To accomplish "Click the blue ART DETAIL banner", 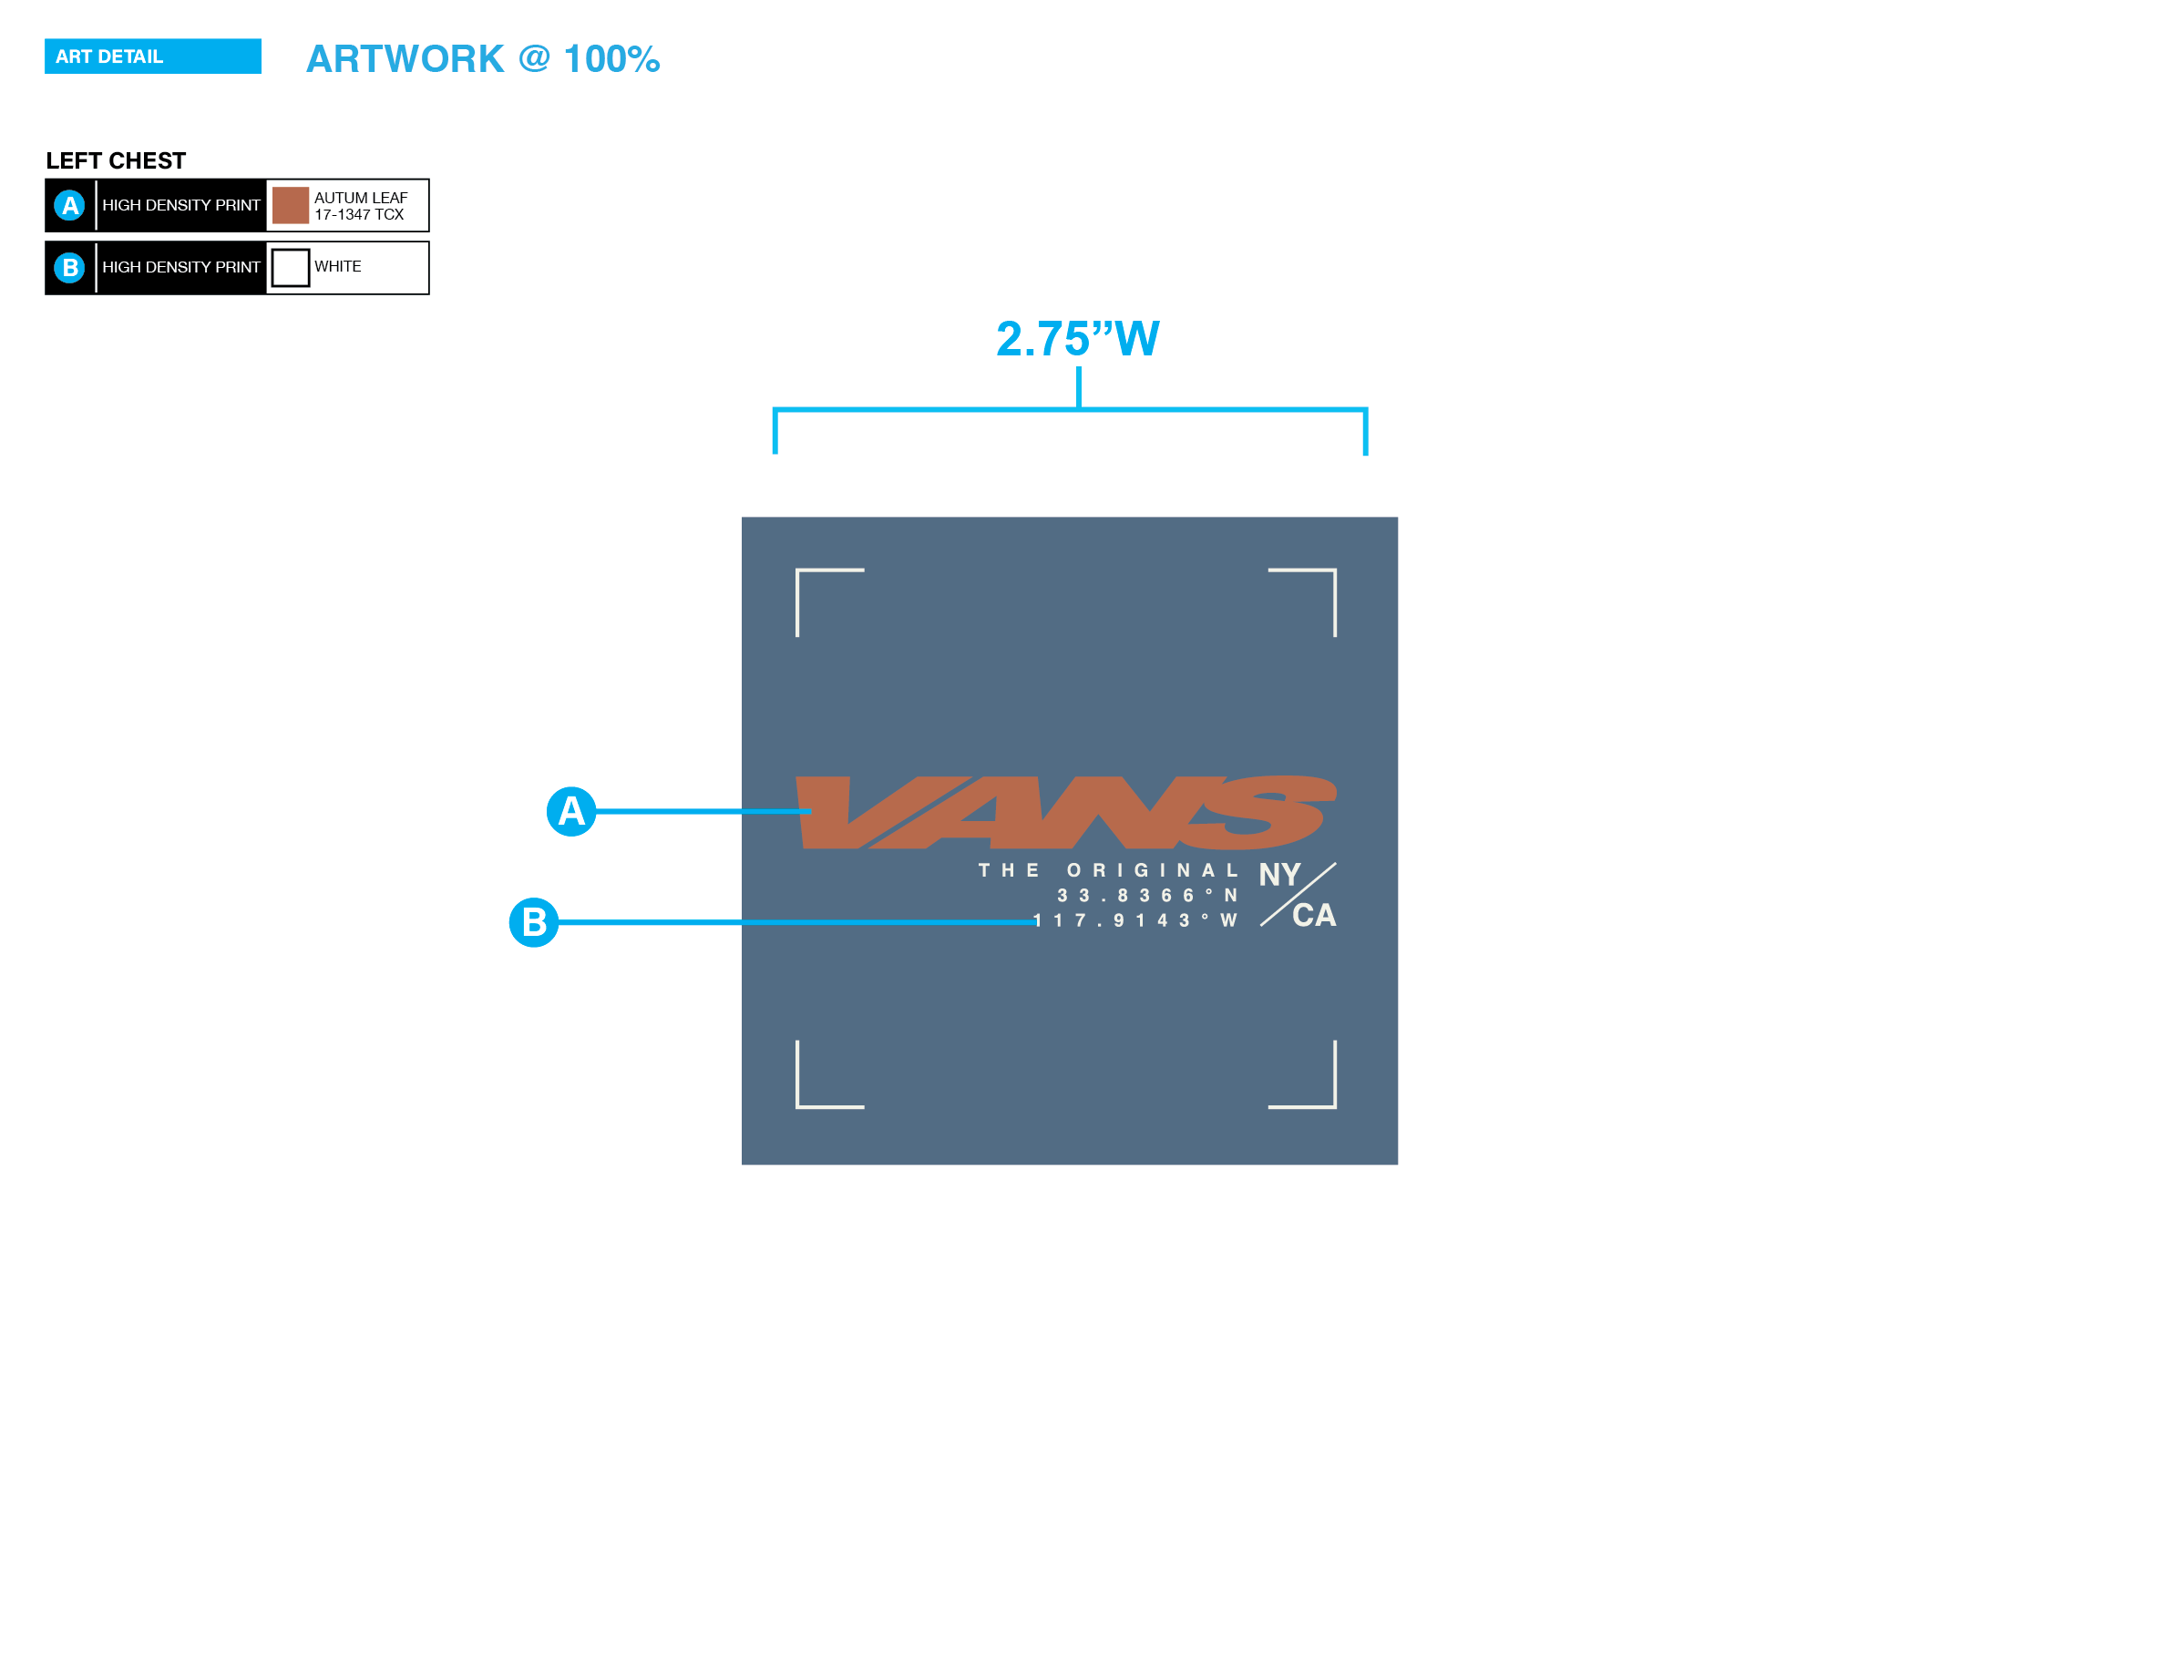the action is (153, 56).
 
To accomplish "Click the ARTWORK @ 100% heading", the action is (482, 59).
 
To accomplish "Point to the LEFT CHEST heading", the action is (116, 160).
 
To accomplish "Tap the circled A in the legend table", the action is (69, 205).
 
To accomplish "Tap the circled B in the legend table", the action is (69, 268).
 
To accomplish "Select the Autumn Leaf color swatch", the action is (290, 205).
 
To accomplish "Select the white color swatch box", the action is (290, 268).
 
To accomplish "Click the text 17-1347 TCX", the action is (359, 215).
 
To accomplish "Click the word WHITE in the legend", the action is (337, 267).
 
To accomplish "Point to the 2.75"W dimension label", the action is (1077, 339).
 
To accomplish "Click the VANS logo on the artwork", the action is (1066, 812).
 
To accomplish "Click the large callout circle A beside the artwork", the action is (571, 811).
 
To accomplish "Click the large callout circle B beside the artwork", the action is (534, 922).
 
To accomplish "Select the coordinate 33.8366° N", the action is (1147, 896).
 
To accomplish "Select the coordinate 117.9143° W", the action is (1135, 920).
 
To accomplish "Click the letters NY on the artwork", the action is (1279, 875).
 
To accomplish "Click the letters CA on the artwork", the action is (1314, 915).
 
